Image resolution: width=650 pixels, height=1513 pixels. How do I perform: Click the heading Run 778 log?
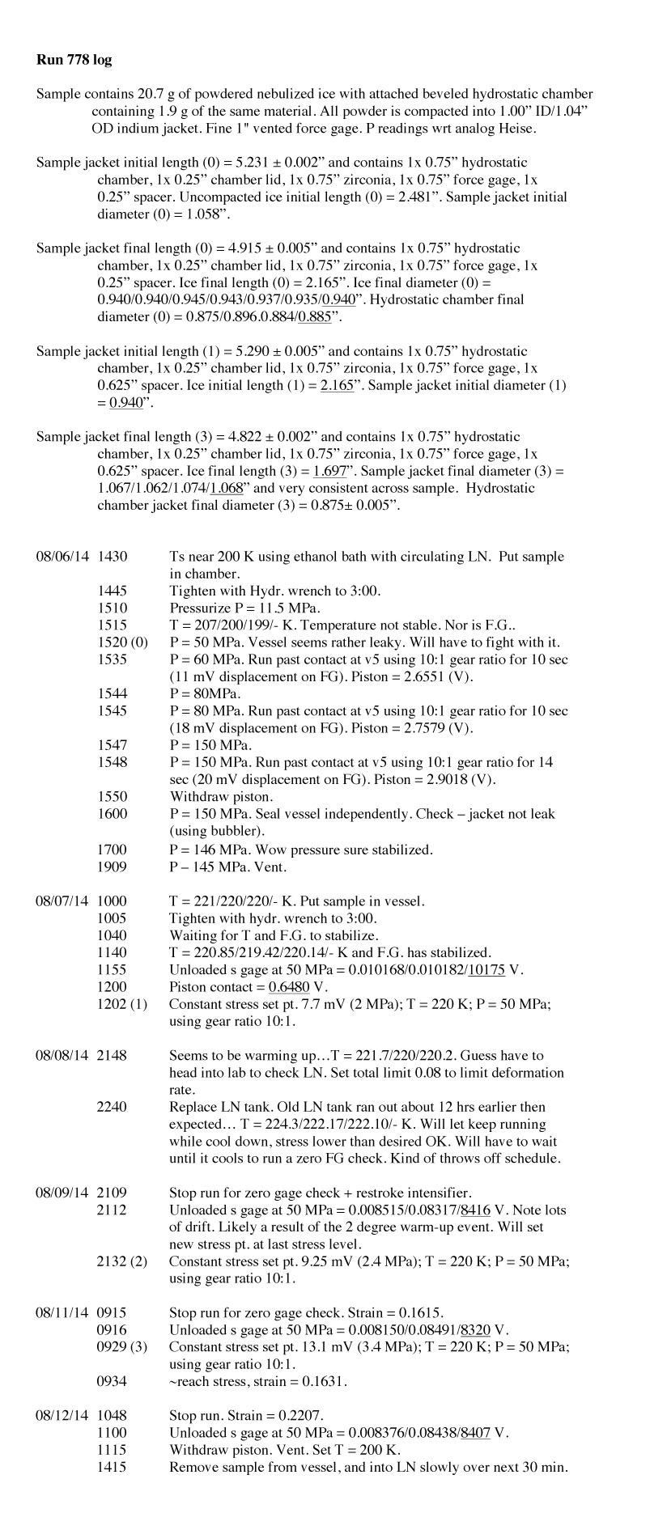pos(74,60)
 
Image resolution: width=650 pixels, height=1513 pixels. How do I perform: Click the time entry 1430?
pos(112,557)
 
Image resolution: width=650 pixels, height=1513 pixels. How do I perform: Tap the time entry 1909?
pos(112,867)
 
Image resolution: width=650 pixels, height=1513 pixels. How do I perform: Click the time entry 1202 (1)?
pos(122,1004)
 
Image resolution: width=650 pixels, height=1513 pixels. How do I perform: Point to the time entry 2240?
pos(112,1107)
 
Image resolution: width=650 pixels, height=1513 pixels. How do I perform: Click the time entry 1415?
pos(112,1467)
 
